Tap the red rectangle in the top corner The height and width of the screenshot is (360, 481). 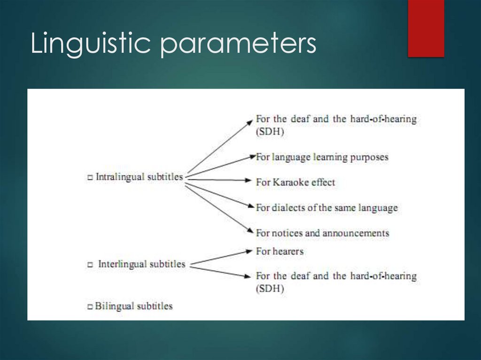point(426,28)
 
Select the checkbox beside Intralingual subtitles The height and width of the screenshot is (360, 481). point(90,178)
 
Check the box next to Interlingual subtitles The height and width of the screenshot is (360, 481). point(90,265)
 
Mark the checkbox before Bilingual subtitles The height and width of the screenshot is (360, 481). point(90,307)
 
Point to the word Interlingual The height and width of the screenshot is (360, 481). point(122,264)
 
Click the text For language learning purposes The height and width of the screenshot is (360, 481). point(322,157)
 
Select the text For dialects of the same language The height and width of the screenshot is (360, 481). point(327,207)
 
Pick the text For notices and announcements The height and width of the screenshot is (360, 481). point(322,233)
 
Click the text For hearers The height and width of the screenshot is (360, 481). point(280,252)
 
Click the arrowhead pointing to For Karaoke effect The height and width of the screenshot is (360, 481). point(250,180)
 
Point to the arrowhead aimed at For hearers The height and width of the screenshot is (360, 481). point(250,252)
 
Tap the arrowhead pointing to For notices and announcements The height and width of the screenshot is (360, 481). point(250,230)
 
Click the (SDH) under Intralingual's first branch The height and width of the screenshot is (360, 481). point(270,132)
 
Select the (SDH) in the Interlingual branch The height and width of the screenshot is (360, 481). point(270,289)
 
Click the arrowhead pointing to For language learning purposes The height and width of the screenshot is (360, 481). point(251,156)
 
